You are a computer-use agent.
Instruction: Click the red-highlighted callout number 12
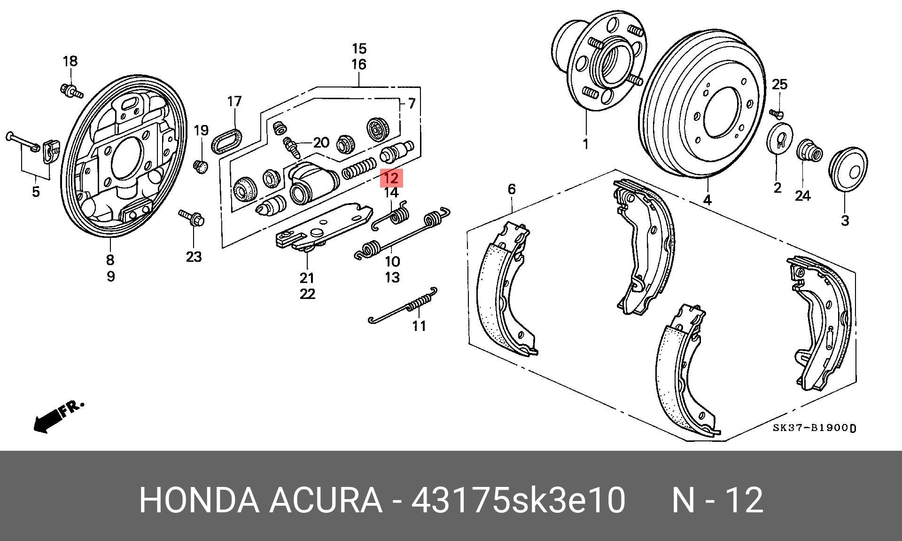tap(391, 178)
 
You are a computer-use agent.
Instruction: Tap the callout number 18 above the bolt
tap(70, 61)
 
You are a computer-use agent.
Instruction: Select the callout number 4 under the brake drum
tap(707, 200)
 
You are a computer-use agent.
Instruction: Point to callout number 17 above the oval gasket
tap(234, 102)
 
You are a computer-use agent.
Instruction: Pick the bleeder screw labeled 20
tap(292, 147)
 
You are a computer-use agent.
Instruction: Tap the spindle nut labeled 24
tap(809, 151)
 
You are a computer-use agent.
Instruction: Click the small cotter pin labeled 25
tap(776, 113)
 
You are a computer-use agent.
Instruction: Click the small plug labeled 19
tap(201, 165)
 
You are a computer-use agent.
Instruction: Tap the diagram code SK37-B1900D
tap(814, 428)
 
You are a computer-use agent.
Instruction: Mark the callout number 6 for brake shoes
tap(512, 189)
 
